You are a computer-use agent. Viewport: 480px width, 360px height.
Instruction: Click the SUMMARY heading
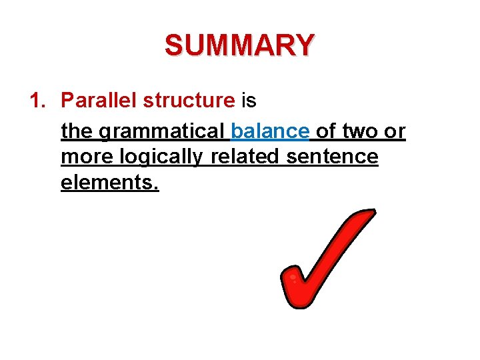click(239, 46)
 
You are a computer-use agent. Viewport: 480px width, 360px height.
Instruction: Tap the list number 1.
click(37, 101)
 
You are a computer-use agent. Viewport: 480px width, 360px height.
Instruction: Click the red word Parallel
click(99, 101)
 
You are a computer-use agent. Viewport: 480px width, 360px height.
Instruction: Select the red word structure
click(189, 101)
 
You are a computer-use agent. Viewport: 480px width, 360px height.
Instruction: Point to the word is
click(249, 101)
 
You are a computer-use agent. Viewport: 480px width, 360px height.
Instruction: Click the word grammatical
click(162, 131)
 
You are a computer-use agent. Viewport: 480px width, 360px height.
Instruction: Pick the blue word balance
click(270, 131)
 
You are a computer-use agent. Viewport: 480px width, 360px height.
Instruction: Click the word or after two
click(395, 131)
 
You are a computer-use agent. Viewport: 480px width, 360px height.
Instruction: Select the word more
click(87, 157)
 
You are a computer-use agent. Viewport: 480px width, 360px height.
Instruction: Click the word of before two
click(326, 131)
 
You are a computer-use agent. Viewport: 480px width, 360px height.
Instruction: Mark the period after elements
click(156, 188)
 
